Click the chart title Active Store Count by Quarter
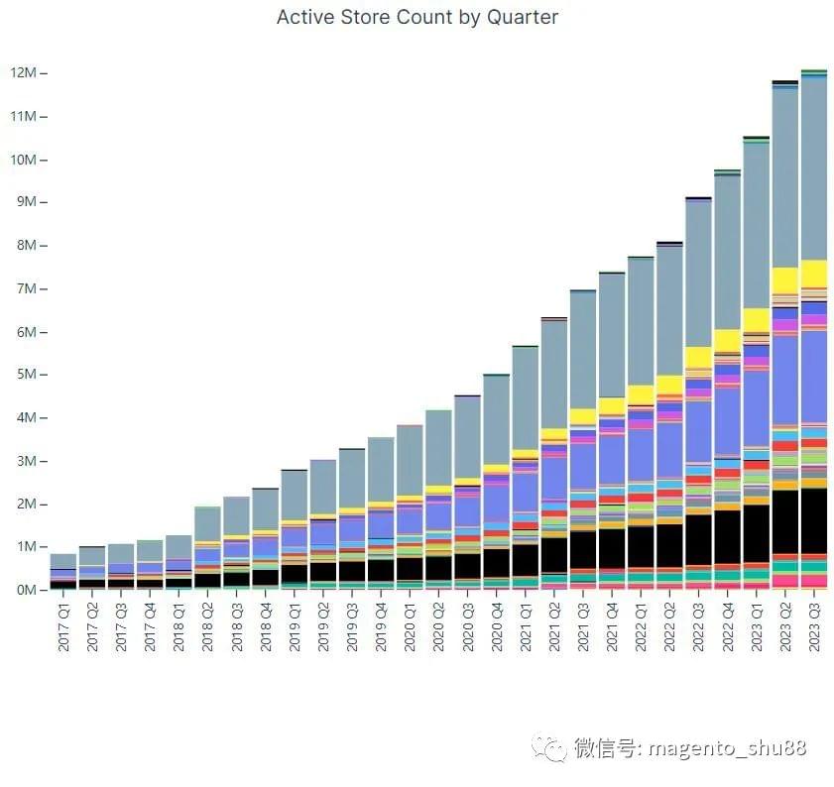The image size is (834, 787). point(417,18)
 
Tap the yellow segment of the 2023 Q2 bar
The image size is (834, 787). point(785,281)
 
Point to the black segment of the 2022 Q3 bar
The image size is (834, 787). point(698,540)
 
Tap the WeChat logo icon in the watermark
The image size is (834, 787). point(548,748)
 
